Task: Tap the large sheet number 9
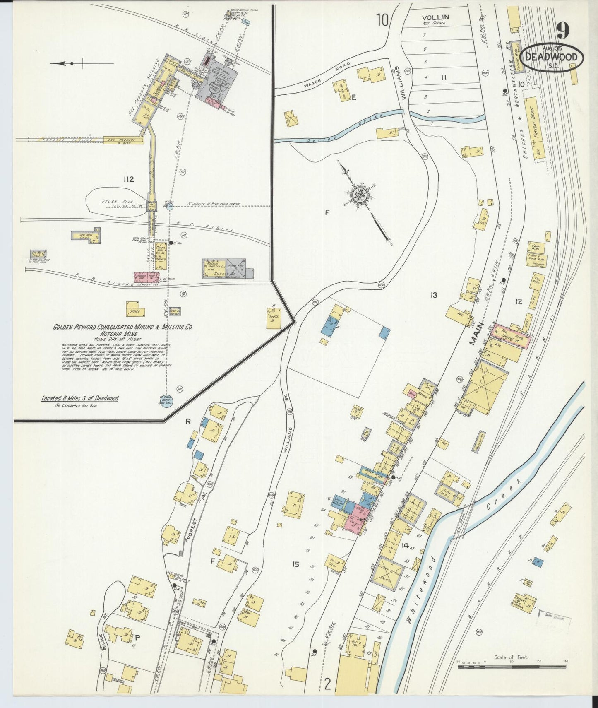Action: coord(563,31)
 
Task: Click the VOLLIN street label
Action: coord(435,17)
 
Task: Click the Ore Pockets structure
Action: coord(123,140)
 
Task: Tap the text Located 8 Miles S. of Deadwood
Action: coord(79,398)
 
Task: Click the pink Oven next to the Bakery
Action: coord(412,394)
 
